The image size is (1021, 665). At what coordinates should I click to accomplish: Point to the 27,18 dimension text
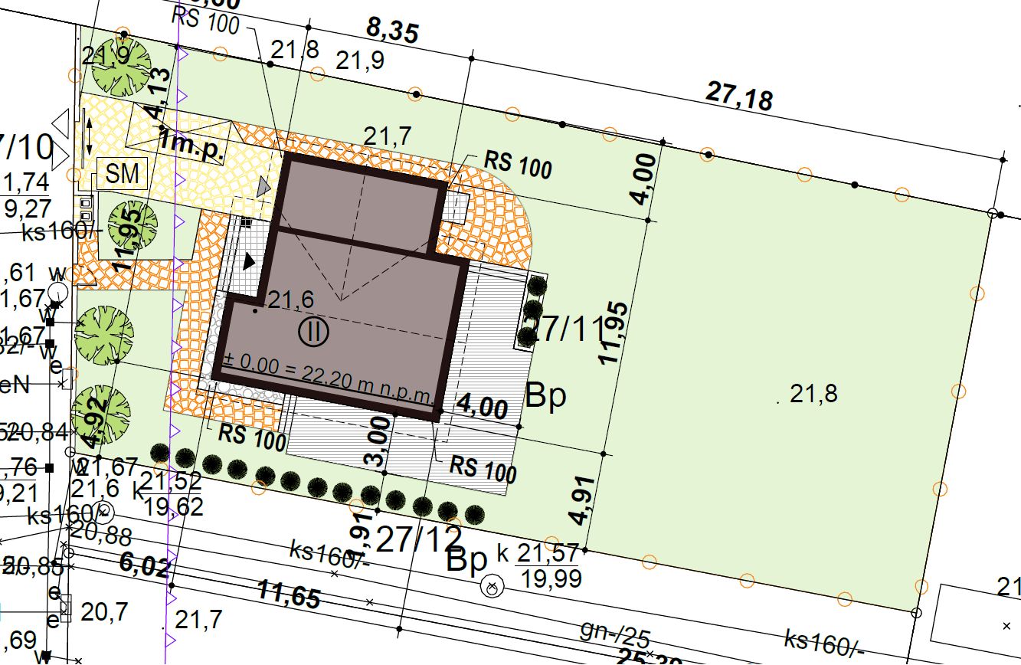point(738,97)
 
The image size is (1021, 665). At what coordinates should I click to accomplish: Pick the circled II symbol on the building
point(313,332)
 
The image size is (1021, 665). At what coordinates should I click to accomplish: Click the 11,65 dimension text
point(288,595)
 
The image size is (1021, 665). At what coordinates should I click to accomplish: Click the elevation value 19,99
point(549,578)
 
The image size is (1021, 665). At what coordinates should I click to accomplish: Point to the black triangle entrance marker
point(249,261)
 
